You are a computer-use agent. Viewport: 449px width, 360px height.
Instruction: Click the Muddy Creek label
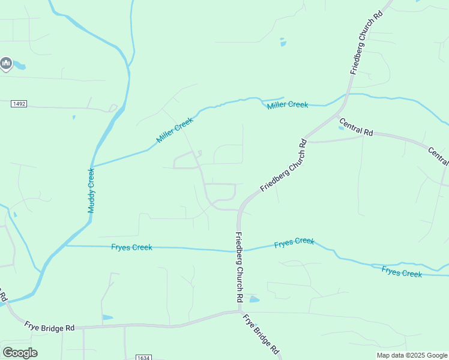(92, 190)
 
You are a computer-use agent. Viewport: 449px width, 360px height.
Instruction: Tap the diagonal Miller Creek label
(175, 130)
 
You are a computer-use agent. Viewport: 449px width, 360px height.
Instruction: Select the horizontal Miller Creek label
(288, 104)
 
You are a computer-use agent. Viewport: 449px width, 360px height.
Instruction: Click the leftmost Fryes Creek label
(132, 247)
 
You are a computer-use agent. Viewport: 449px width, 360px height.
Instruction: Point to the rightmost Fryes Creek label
(402, 272)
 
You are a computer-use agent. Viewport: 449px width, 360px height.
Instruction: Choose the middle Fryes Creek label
(294, 242)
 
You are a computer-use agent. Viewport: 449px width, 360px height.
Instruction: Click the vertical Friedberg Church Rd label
(239, 266)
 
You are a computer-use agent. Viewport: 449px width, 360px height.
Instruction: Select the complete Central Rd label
(356, 127)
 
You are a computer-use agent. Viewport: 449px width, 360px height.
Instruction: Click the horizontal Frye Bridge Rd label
(49, 328)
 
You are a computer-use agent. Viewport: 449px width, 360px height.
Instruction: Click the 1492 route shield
(19, 104)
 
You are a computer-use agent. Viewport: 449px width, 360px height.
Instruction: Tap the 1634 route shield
(142, 357)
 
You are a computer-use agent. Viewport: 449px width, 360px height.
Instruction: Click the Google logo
(20, 352)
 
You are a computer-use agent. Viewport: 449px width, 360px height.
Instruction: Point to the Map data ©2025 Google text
(412, 355)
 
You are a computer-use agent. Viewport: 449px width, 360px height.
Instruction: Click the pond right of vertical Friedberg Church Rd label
(254, 299)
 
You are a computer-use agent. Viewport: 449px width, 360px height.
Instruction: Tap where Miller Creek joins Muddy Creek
(92, 166)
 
